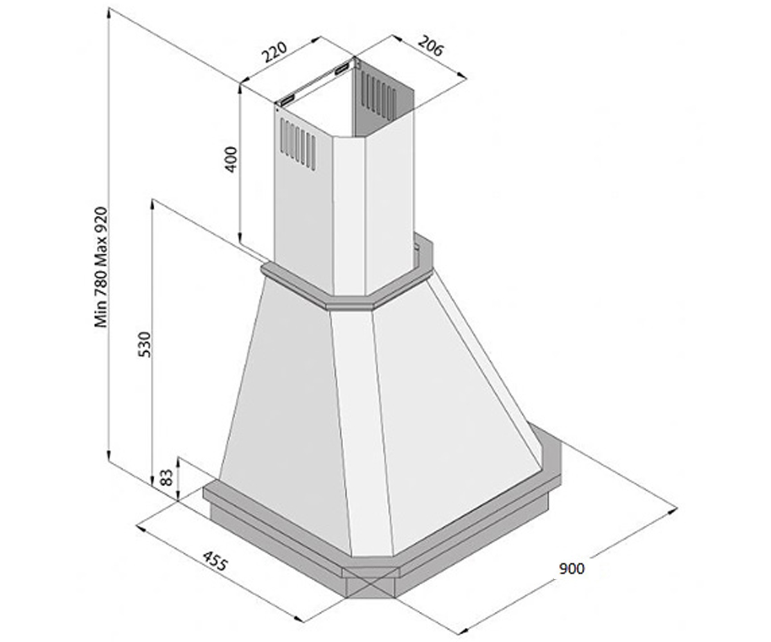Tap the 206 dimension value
pos(430,46)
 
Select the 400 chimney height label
pos(231,159)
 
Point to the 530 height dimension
pos(145,344)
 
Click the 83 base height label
pos(167,478)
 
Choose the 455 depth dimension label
pos(215,561)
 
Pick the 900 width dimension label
pos(572,569)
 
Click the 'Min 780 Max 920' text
pos(101,267)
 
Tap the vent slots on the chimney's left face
pos(298,144)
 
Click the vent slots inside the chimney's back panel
pos(379,95)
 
